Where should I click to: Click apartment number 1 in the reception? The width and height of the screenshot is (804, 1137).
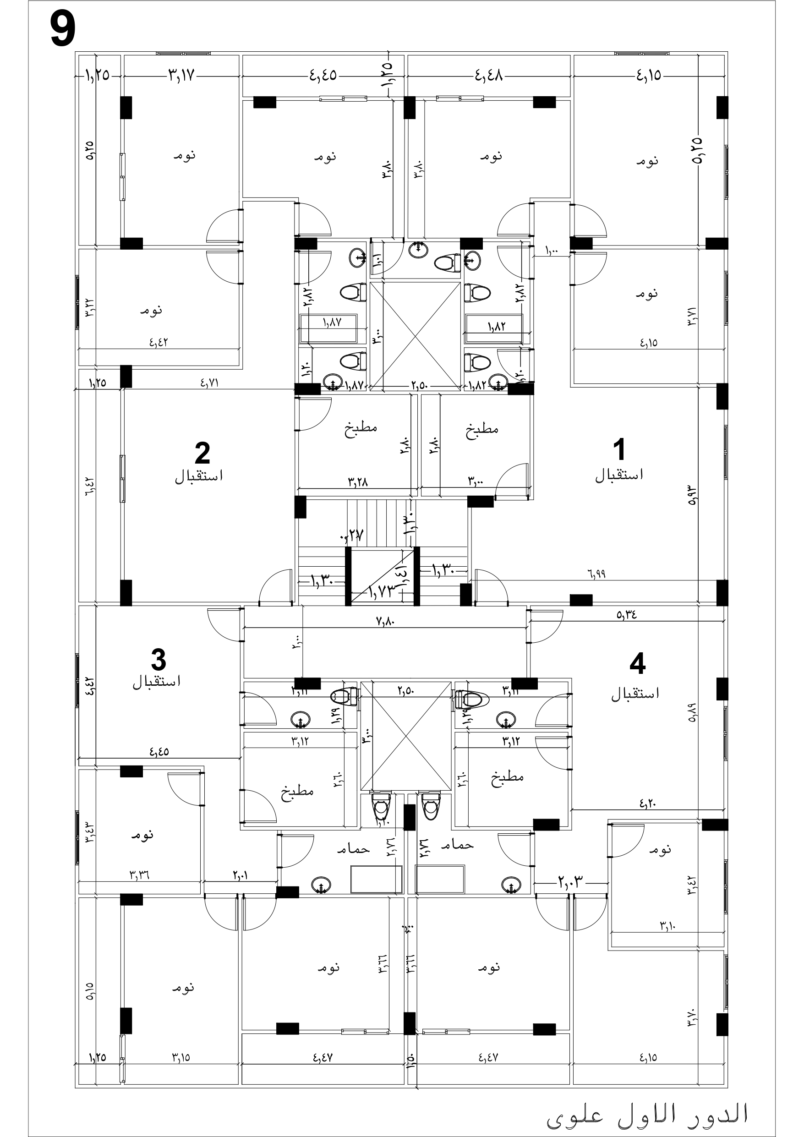coord(619,450)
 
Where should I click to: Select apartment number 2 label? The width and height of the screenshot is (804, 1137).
coord(202,453)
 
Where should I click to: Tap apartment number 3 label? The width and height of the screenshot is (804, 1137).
coord(158,660)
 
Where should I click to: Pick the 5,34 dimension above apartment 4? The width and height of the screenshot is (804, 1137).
coord(626,615)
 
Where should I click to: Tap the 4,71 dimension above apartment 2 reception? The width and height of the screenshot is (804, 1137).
coord(209,383)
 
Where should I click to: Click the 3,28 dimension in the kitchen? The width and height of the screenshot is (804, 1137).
coord(357,481)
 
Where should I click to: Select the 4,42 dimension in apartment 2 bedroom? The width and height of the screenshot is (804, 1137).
coord(159,342)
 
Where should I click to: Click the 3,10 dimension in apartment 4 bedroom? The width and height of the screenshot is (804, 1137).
coord(667,925)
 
